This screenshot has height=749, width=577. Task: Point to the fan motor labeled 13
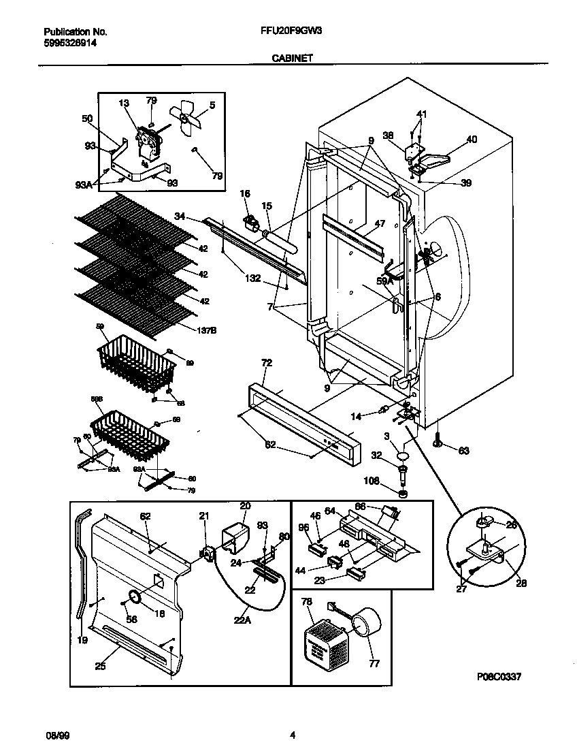(x=146, y=144)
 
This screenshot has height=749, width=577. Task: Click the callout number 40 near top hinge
(x=472, y=140)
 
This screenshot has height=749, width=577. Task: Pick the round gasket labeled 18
(x=134, y=597)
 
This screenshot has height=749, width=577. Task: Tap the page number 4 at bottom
(x=292, y=735)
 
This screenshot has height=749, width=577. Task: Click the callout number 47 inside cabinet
(x=380, y=223)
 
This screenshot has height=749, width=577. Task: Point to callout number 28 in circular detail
(x=521, y=583)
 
